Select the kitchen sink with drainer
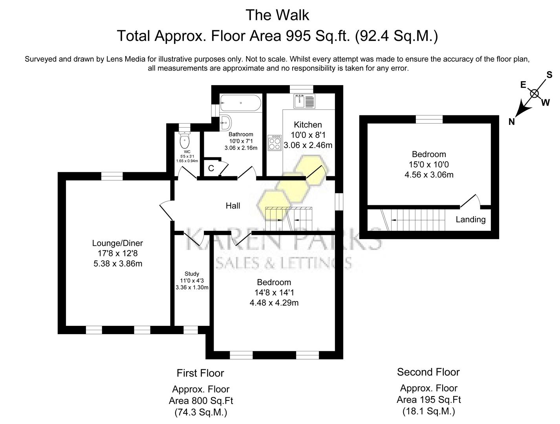304,101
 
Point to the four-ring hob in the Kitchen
275,143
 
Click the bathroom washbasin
225,122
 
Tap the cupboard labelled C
211,168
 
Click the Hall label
233,206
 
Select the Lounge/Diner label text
117,243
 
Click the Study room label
192,274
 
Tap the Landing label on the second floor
470,219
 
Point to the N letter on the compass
511,122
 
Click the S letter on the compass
549,75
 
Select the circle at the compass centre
534,93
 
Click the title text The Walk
277,15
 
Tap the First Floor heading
200,373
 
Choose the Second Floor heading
428,372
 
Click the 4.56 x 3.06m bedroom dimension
429,175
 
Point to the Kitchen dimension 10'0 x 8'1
308,135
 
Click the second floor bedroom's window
429,119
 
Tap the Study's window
191,330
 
